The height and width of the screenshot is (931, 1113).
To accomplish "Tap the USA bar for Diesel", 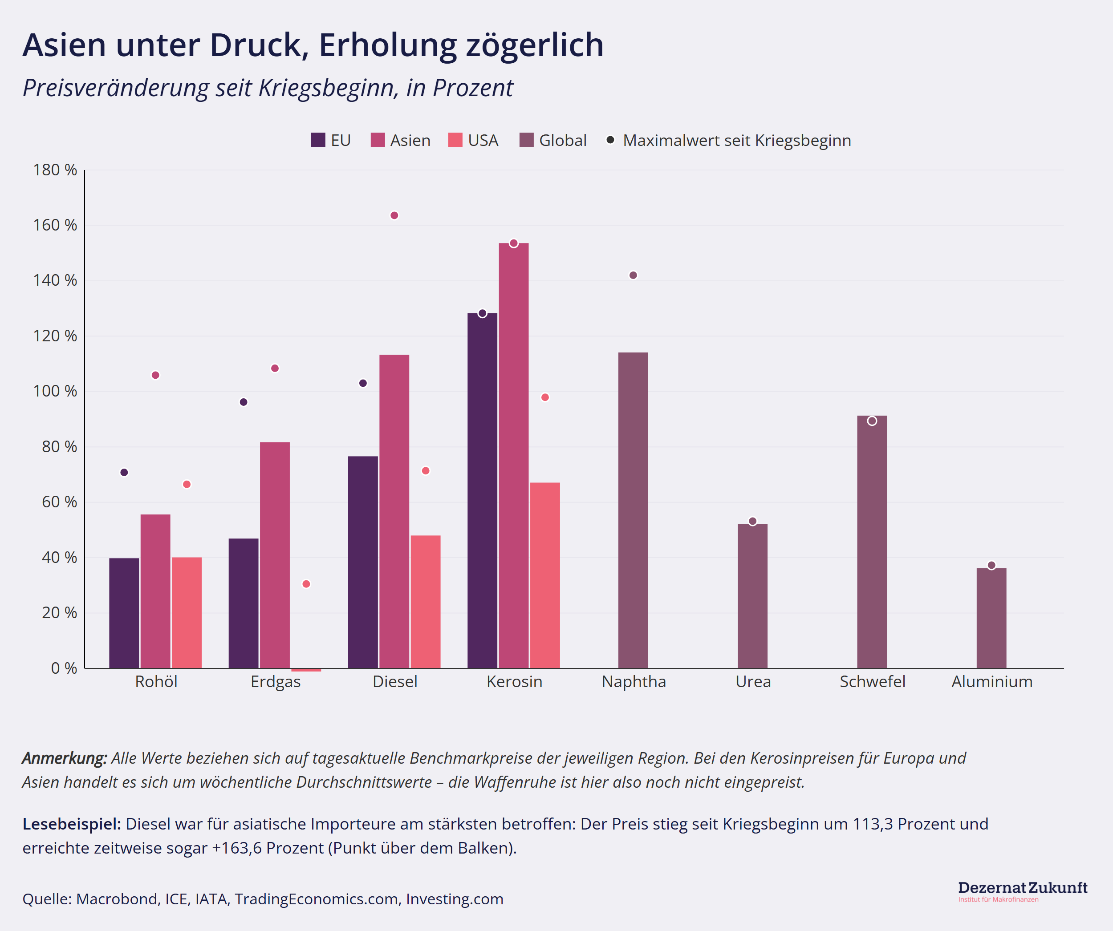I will (x=425, y=601).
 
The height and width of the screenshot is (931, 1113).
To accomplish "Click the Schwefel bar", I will (x=871, y=542).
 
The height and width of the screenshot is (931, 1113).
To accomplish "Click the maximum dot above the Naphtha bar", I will (x=633, y=275).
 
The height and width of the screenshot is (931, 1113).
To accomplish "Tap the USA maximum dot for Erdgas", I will (x=306, y=584).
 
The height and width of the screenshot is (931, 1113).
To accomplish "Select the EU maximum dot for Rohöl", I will (x=124, y=473).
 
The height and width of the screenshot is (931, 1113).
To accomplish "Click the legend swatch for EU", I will (x=318, y=141).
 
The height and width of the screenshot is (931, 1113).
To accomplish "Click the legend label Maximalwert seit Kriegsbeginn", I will (x=737, y=141).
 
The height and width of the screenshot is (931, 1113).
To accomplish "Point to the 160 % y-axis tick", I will (x=55, y=225).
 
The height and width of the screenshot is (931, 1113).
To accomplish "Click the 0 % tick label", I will (x=64, y=668).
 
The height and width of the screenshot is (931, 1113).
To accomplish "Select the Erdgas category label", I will (x=275, y=681).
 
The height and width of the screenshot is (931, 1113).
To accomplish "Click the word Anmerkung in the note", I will (x=64, y=758).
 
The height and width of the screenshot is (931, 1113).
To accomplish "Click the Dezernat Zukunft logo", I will (x=1022, y=891).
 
